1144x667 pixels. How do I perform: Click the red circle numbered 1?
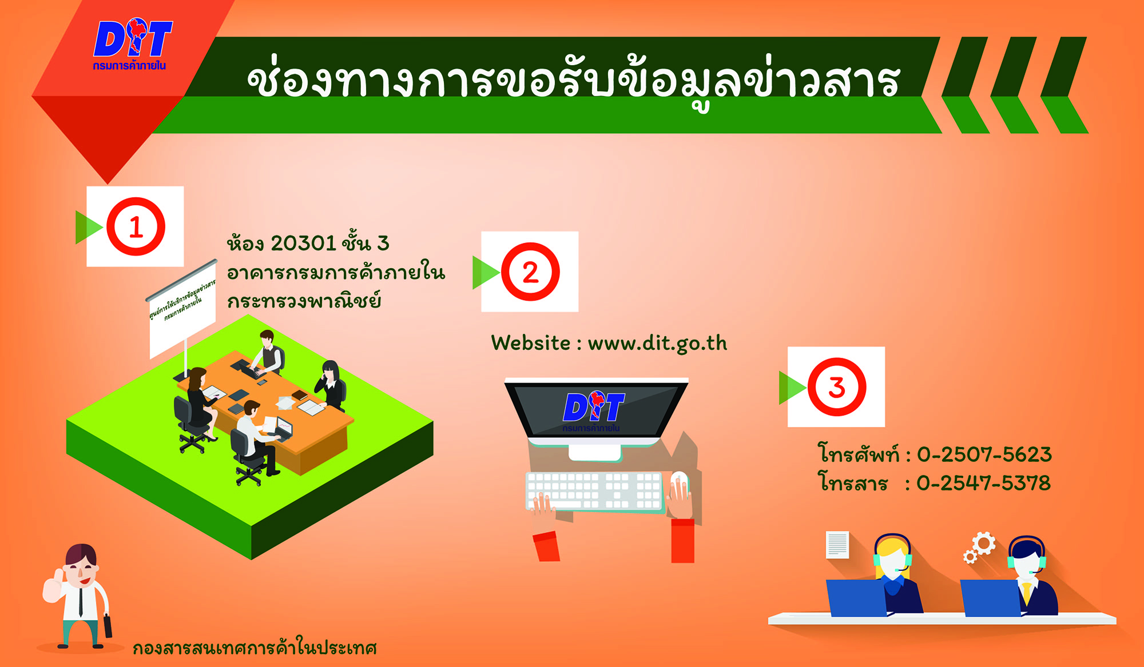click(136, 226)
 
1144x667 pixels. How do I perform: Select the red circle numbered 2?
click(530, 271)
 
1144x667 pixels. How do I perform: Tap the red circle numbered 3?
click(836, 387)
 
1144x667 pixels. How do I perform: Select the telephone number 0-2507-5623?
click(984, 454)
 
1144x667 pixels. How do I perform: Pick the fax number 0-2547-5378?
click(984, 483)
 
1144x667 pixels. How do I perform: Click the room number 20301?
click(303, 243)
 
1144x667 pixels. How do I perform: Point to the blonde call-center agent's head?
click(892, 556)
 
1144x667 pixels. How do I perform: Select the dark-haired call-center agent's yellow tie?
click(1027, 593)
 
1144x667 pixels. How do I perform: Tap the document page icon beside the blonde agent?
click(837, 545)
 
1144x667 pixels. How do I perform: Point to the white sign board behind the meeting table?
click(182, 309)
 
